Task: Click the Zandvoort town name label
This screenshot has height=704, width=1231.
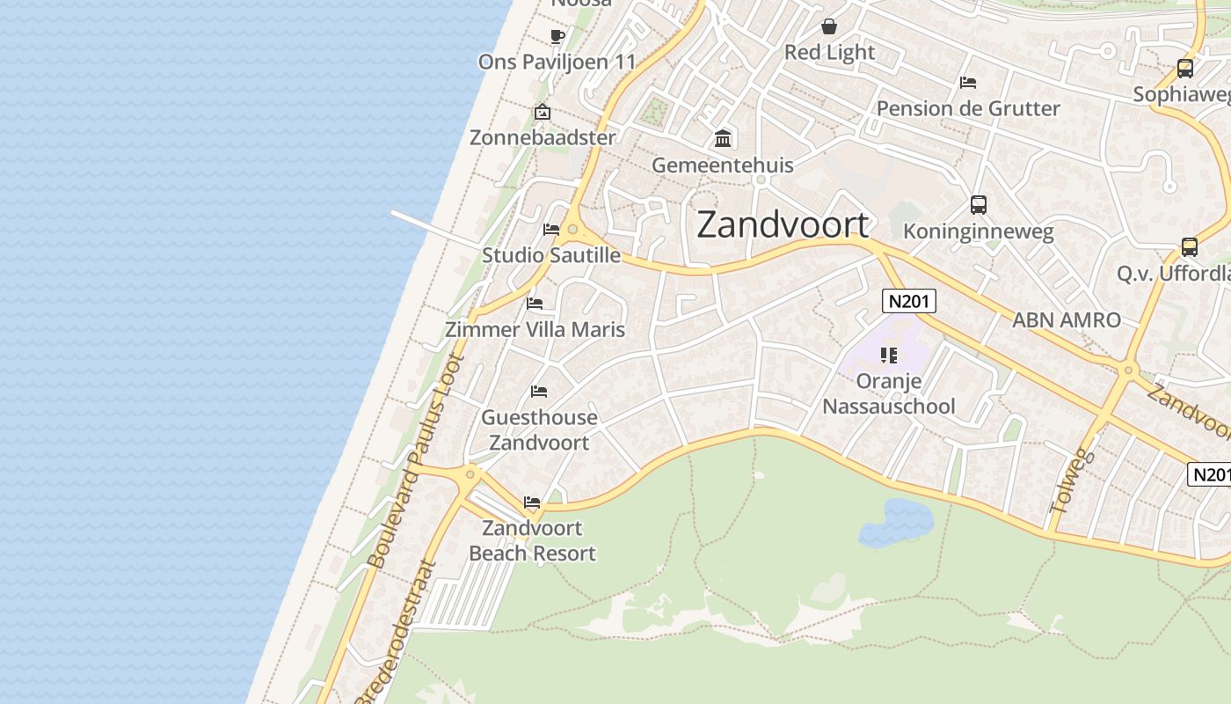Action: [783, 225]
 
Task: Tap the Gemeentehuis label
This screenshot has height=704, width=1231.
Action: [722, 165]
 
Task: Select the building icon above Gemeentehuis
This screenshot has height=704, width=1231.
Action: [723, 138]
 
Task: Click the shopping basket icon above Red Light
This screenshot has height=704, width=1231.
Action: [828, 26]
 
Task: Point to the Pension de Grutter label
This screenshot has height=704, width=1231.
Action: [968, 108]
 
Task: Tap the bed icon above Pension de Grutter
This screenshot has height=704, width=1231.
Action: [967, 83]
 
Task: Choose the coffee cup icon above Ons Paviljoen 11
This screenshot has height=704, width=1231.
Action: [557, 36]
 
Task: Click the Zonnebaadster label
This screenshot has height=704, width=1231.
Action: [543, 137]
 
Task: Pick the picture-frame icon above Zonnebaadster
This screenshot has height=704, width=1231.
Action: [543, 112]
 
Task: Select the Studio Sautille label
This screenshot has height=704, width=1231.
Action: [550, 255]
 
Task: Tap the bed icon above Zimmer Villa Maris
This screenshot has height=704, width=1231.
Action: [535, 304]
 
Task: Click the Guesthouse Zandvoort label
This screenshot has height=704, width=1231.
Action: [539, 429]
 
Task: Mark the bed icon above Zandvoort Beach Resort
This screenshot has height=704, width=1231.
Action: [532, 502]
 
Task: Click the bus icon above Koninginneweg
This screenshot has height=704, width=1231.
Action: [978, 205]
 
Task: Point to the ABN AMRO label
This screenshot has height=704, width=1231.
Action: [1066, 320]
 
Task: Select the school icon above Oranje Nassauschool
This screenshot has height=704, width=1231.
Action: [888, 356]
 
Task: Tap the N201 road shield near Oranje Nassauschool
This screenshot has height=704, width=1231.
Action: [909, 302]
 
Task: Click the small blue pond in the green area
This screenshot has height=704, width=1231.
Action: [897, 521]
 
